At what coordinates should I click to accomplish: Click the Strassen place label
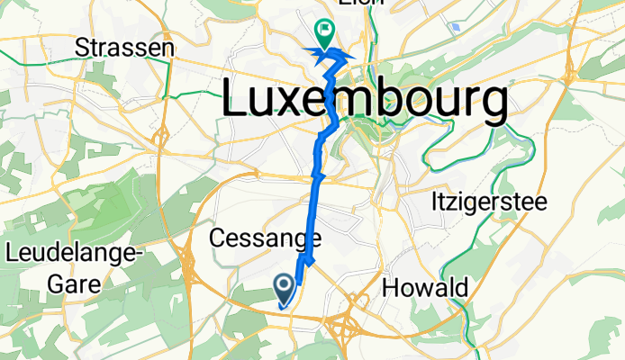coord(125,47)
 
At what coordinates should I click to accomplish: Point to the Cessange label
coord(266,239)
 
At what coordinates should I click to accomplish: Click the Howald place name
coord(425,288)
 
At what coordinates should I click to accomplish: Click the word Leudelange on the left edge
coord(75,256)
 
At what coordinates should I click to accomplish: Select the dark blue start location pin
coord(284,288)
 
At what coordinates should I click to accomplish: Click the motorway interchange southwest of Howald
coord(346,326)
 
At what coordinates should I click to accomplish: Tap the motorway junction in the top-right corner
coord(573,67)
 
